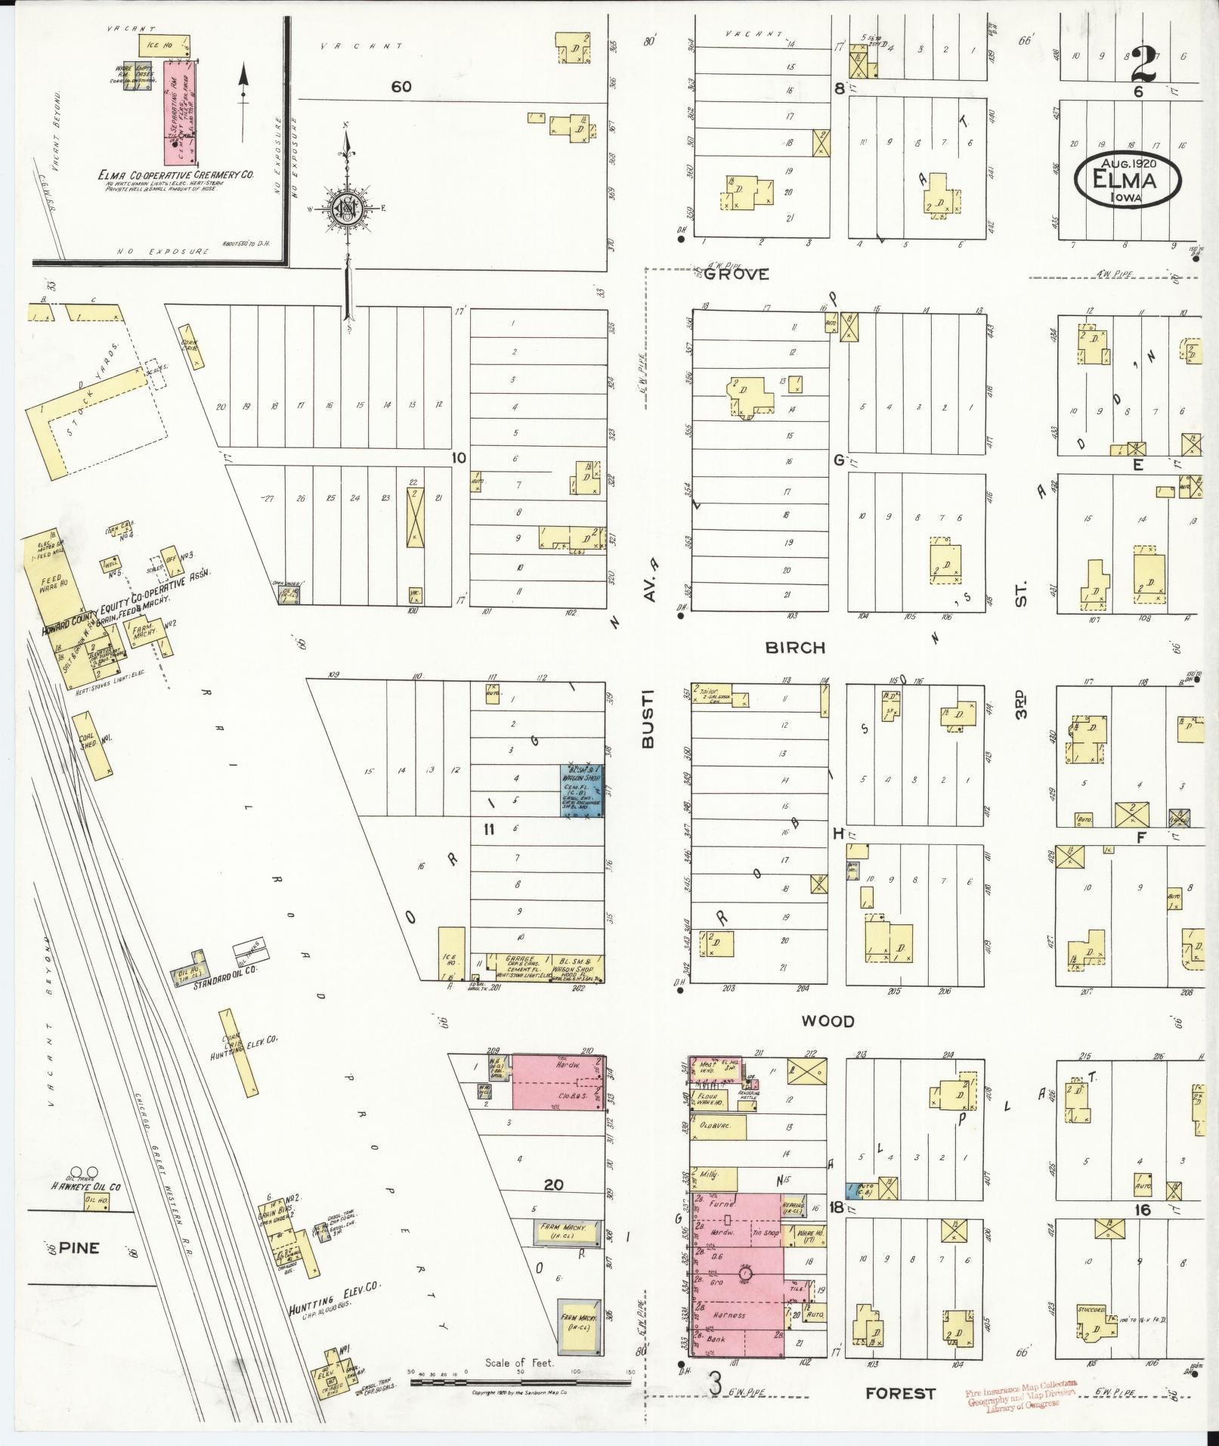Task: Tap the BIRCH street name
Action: click(x=794, y=648)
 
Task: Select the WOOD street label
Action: click(x=828, y=1021)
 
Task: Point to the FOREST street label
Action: click(x=900, y=1393)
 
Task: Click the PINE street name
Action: click(x=79, y=1248)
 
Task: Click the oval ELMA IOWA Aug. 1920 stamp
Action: click(x=1127, y=181)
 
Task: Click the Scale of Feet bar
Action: click(x=520, y=1382)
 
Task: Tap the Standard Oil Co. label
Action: click(x=226, y=986)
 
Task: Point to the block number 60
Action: click(x=401, y=87)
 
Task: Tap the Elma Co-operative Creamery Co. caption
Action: click(x=175, y=175)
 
